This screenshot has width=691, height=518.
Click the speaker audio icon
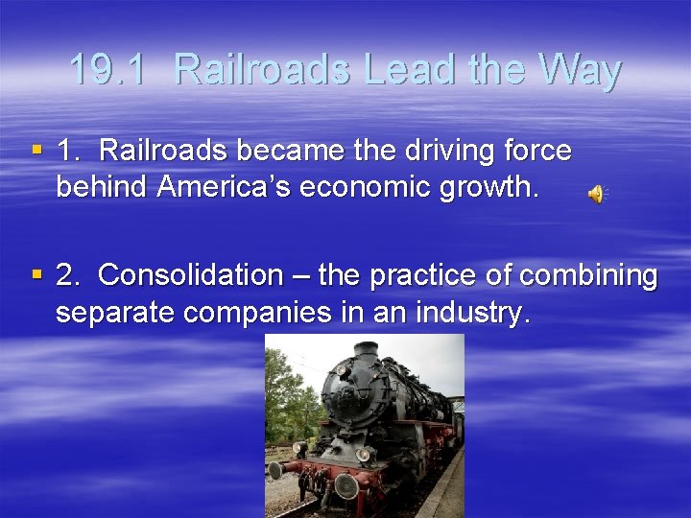(596, 195)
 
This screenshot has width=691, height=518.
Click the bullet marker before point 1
(36, 150)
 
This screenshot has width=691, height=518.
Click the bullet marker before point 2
(36, 275)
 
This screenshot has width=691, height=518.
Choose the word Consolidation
(190, 275)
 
